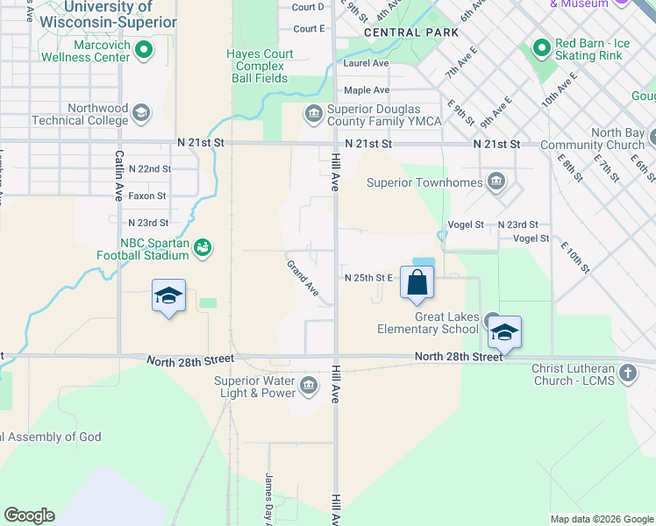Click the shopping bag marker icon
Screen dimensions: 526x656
coord(417,282)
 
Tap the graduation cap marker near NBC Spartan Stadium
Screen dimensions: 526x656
coord(168,296)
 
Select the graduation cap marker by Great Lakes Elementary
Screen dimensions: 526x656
coord(504,333)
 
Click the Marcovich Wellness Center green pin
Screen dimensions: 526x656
coord(146,49)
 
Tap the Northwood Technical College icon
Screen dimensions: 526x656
coord(140,113)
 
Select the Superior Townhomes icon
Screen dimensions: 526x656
coord(497,182)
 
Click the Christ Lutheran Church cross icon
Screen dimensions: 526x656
coord(627,374)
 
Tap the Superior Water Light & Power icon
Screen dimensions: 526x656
coord(309,385)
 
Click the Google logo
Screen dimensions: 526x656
coord(29,515)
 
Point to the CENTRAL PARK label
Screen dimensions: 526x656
coord(411,32)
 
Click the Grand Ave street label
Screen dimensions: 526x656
coord(303,276)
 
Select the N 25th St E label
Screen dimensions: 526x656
coord(368,278)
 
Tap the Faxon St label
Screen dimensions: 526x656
coord(147,195)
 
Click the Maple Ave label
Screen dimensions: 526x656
coord(367,90)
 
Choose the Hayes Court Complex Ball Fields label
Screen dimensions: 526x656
coord(260,66)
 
